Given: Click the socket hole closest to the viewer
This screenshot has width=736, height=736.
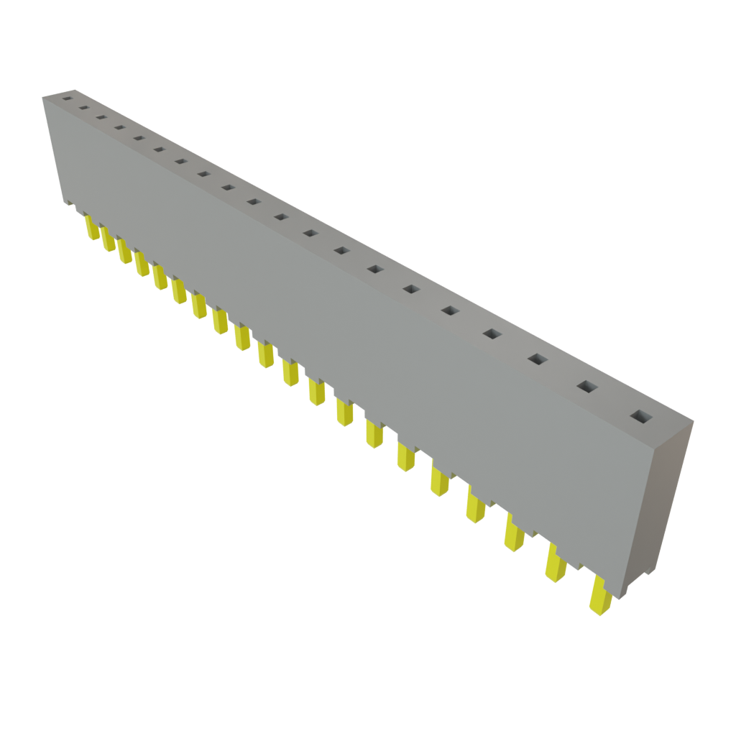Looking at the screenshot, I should tap(638, 415).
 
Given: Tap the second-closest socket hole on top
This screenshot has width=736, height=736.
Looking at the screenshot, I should tap(587, 387).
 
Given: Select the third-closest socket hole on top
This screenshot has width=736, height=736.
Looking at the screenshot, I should tap(537, 358).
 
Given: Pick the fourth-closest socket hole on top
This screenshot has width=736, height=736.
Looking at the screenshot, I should tap(492, 333).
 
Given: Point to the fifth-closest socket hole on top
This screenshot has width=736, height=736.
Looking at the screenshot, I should tap(450, 310).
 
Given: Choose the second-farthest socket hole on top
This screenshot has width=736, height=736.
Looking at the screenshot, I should tap(83, 108).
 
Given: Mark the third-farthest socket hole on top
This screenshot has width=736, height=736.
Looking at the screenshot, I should tap(101, 118).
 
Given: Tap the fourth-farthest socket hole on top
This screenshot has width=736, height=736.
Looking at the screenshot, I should tap(120, 128).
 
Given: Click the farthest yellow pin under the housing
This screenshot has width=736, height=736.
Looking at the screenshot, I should tap(92, 229).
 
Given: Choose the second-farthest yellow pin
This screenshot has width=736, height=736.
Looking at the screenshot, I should tap(108, 240).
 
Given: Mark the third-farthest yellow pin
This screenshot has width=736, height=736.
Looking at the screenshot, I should tap(124, 252).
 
